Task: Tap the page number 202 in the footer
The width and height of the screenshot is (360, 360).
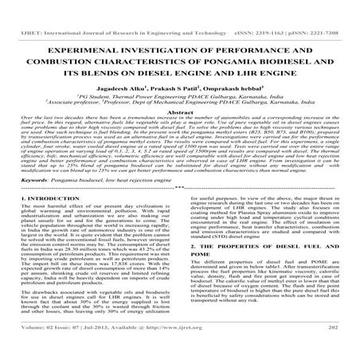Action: pos(335,349)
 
